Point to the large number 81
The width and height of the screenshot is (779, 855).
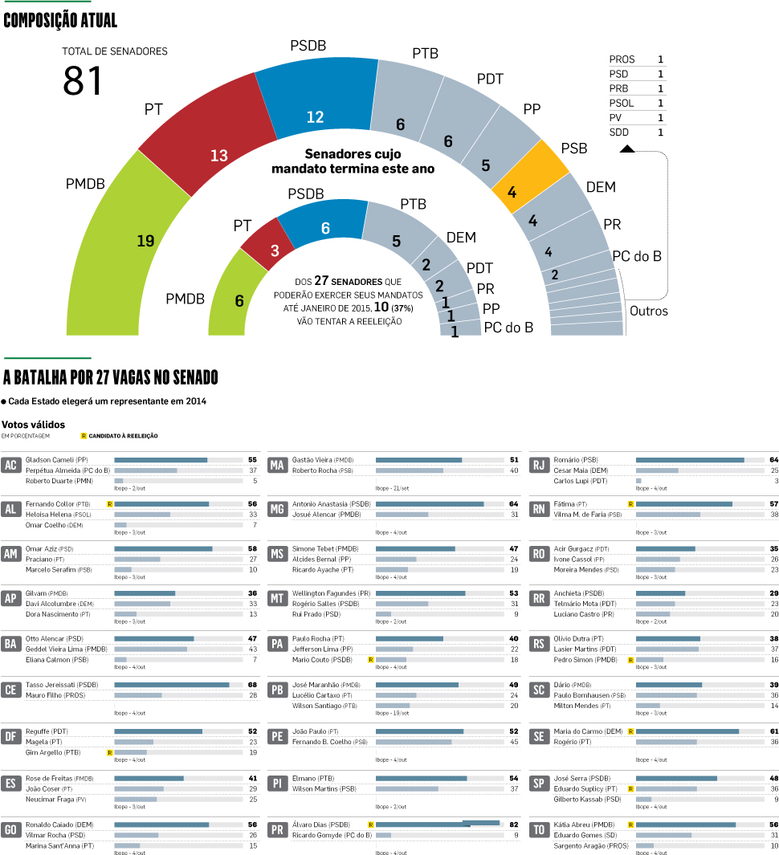pyautogui.click(x=84, y=81)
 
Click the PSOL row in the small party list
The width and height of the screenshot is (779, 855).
pyautogui.click(x=637, y=103)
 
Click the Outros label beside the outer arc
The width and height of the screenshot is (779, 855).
pyautogui.click(x=648, y=311)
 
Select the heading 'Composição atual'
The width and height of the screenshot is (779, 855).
pyautogui.click(x=60, y=21)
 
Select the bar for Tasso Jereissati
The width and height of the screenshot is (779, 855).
pyautogui.click(x=172, y=685)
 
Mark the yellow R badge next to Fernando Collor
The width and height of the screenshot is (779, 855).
pyautogui.click(x=109, y=503)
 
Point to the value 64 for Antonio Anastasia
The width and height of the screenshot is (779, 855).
pyautogui.click(x=513, y=503)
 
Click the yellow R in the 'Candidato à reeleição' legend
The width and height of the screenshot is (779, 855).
pyautogui.click(x=84, y=436)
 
